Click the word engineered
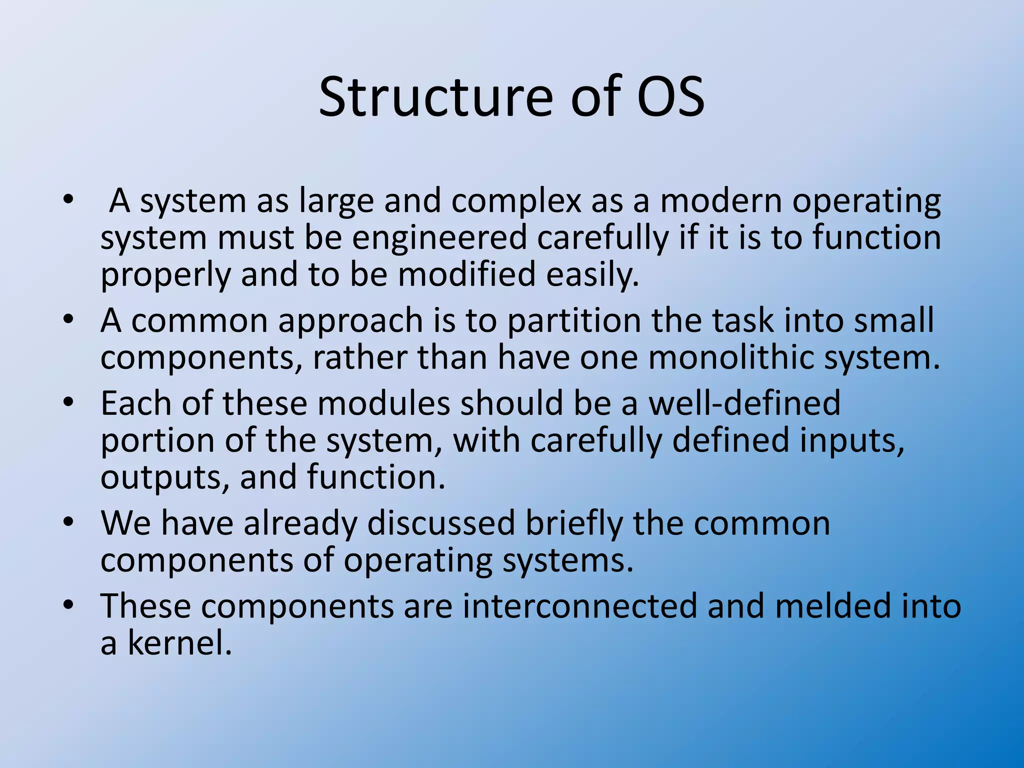[439, 237]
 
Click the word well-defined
[744, 403]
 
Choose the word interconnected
[580, 606]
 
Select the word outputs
[165, 477]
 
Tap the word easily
[592, 275]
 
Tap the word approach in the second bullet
[350, 321]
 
